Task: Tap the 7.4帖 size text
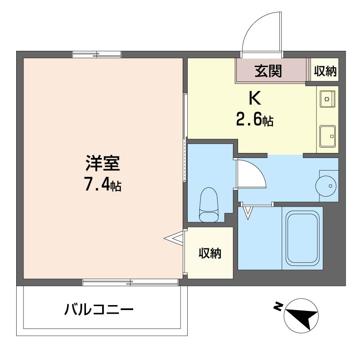click(x=103, y=184)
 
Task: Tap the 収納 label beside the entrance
click(x=325, y=71)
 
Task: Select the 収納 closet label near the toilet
click(x=210, y=253)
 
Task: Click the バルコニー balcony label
click(x=99, y=310)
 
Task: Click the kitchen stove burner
click(x=327, y=99)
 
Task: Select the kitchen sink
click(x=327, y=136)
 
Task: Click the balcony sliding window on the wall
click(x=130, y=282)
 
